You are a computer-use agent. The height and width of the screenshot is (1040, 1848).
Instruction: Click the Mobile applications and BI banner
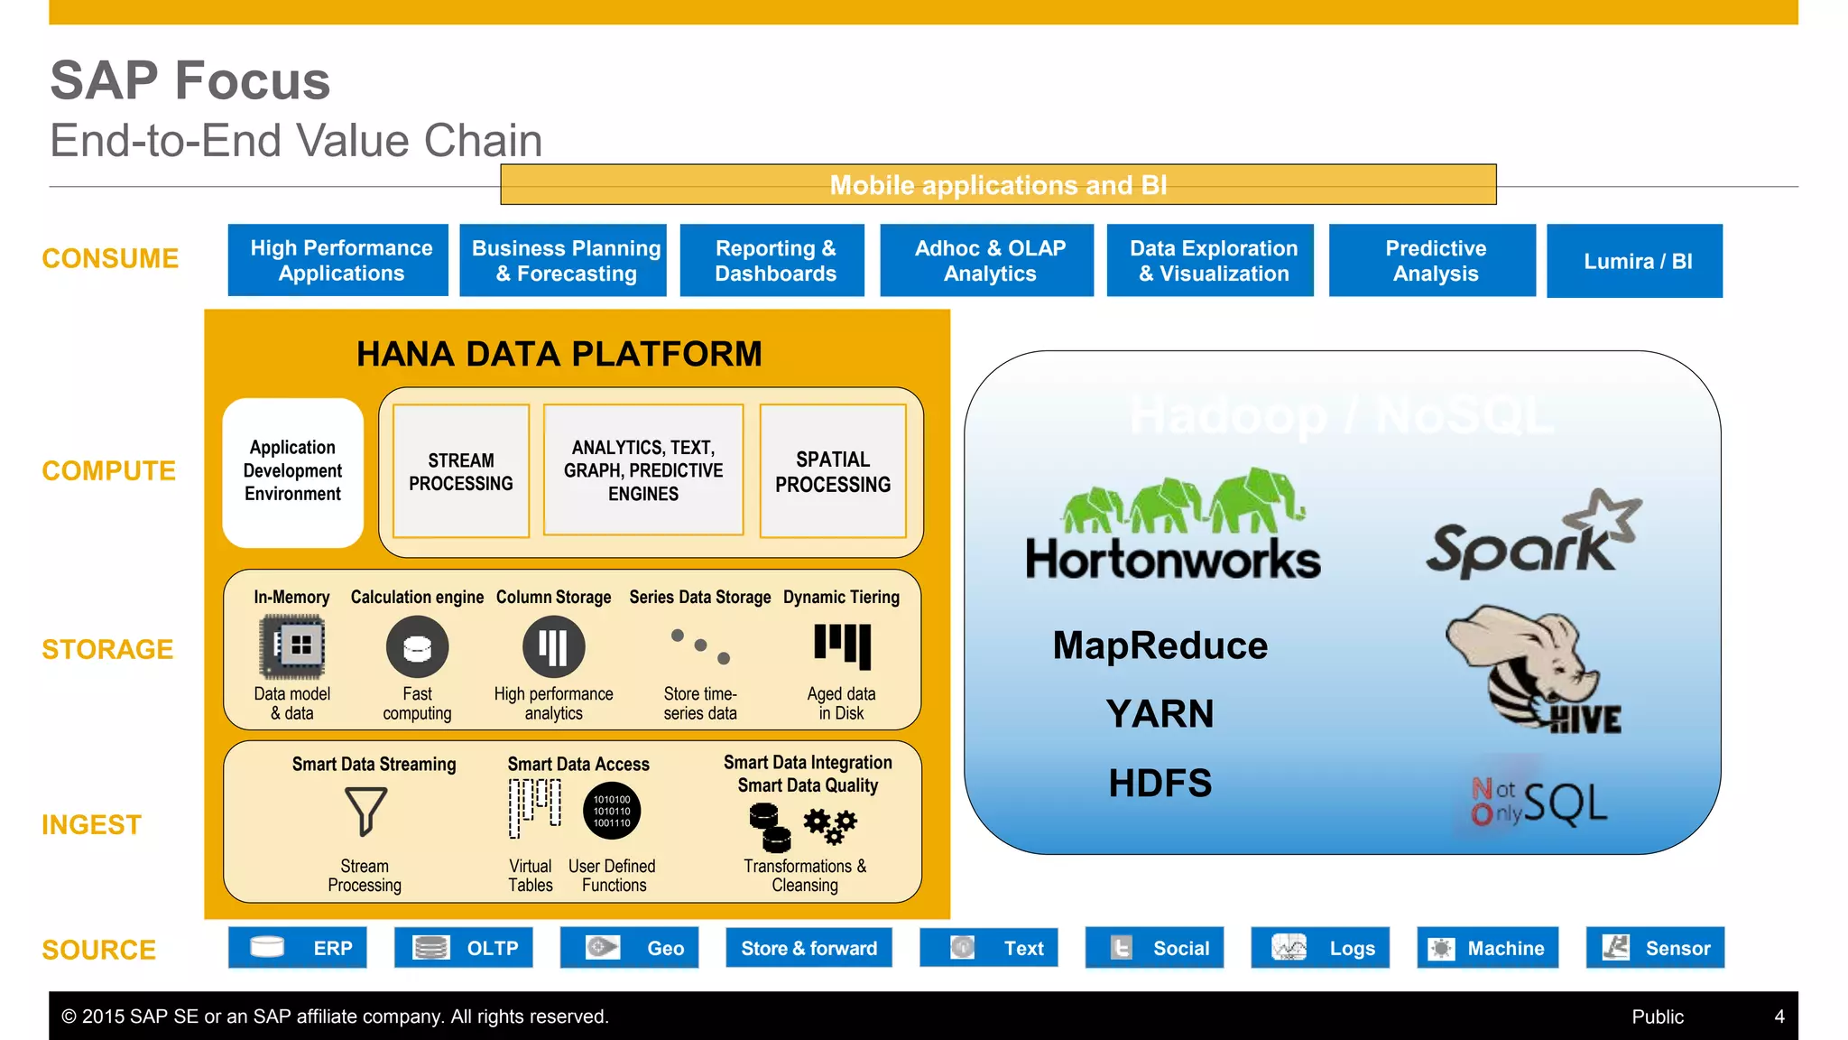pos(998,185)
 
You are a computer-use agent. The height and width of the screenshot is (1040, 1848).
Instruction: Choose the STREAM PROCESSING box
pos(461,471)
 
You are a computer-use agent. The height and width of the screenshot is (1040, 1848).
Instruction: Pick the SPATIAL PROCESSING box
pos(832,471)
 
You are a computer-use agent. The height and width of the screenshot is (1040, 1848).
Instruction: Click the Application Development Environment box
pos(293,472)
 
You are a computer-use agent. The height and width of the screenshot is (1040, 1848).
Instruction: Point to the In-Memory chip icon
pos(292,646)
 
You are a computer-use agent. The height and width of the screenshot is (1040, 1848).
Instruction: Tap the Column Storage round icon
pos(553,646)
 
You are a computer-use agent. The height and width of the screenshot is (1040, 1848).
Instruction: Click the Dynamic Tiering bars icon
pos(842,645)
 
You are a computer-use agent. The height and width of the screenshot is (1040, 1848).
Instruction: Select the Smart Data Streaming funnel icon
pos(365,811)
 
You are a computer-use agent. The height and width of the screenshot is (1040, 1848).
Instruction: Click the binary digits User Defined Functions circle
pos(612,811)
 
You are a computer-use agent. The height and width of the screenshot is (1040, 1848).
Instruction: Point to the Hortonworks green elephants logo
pos(1182,502)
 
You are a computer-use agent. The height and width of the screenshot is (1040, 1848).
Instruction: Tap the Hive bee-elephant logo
pos(1525,668)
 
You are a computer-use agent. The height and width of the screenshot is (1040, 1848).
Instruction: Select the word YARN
pos(1160,714)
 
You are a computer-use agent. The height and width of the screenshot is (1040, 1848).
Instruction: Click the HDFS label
pos(1160,783)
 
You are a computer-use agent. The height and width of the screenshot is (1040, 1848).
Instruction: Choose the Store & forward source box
pos(808,948)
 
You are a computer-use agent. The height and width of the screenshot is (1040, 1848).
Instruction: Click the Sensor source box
pos(1655,948)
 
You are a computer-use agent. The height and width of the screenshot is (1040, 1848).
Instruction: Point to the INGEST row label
pos(92,824)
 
